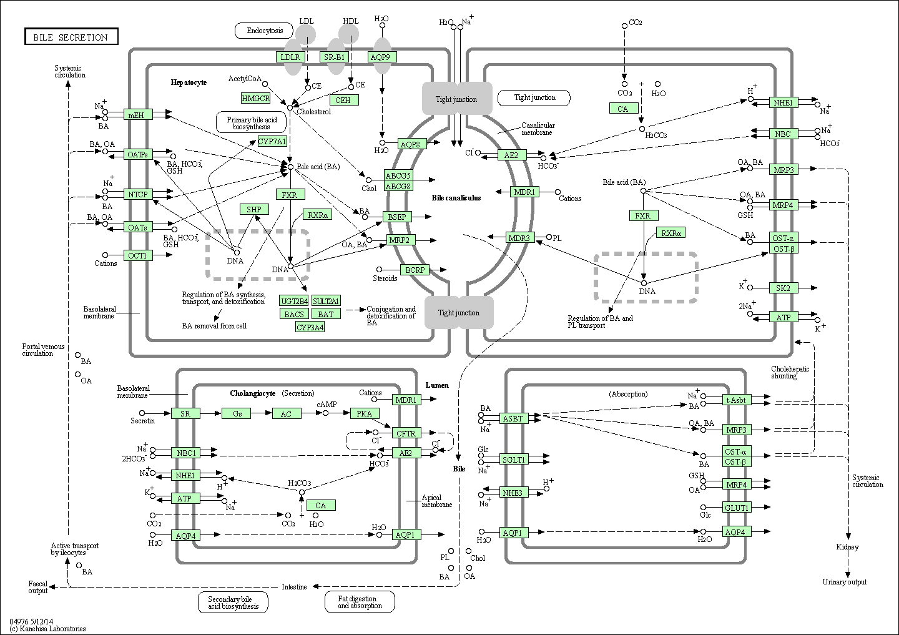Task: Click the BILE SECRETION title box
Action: click(x=71, y=37)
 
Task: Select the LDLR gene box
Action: click(x=290, y=57)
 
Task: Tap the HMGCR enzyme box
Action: click(x=255, y=98)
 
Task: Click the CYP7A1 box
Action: click(x=272, y=141)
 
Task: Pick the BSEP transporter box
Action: click(x=397, y=217)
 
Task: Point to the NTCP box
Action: click(x=138, y=194)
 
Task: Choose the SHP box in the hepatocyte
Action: click(x=253, y=209)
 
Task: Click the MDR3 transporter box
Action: click(x=519, y=237)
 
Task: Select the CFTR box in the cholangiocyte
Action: click(x=406, y=433)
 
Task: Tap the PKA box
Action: click(x=364, y=413)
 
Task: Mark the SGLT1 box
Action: click(x=514, y=460)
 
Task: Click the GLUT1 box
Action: click(x=737, y=508)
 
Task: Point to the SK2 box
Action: click(x=783, y=288)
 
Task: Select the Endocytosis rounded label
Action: click(x=265, y=30)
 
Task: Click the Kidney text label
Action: click(x=847, y=547)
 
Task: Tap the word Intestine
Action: click(x=294, y=587)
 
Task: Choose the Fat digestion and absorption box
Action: click(x=360, y=602)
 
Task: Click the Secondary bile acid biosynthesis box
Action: click(x=233, y=602)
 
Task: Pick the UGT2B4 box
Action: click(x=294, y=301)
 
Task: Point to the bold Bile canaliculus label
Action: click(x=456, y=198)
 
